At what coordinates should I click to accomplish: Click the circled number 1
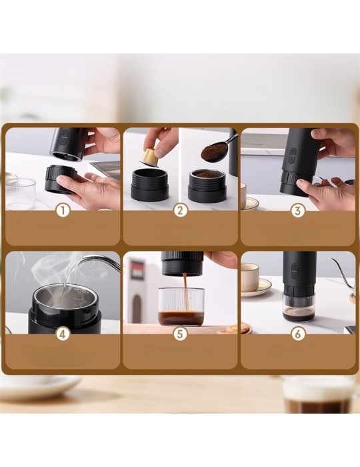coord(63,211)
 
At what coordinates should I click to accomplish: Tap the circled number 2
coord(180,211)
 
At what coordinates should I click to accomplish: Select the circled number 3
coord(298,211)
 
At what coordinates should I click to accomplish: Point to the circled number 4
coord(63,334)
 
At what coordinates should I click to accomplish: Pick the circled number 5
coord(180,334)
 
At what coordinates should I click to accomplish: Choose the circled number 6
coord(298,334)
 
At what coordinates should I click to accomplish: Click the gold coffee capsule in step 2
coord(149,157)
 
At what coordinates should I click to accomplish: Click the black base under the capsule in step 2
coord(149,183)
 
